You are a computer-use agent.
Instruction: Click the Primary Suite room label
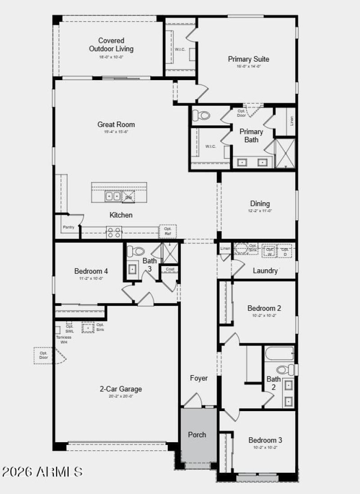(248, 59)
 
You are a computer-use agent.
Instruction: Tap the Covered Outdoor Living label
(111, 45)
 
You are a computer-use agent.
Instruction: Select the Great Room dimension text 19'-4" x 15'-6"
(116, 132)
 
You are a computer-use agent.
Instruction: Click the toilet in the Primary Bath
(204, 116)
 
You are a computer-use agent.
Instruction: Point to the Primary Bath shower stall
(285, 153)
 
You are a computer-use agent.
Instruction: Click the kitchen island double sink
(113, 196)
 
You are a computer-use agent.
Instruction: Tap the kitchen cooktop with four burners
(114, 232)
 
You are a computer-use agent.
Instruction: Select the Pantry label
(68, 227)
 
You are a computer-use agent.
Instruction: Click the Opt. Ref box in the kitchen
(167, 231)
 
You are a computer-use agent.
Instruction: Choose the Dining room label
(260, 204)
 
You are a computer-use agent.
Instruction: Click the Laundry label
(265, 271)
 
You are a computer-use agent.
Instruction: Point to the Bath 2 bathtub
(279, 353)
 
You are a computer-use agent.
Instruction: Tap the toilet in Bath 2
(283, 370)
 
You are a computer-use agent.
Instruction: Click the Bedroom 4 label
(91, 271)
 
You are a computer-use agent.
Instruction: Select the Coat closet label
(170, 269)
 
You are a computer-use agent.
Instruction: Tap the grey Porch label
(197, 435)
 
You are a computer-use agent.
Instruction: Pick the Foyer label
(198, 378)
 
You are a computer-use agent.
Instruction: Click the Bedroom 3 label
(265, 440)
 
